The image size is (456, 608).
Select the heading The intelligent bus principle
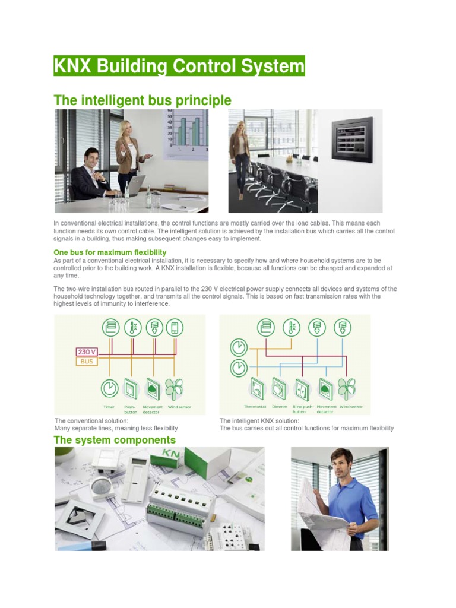[142, 100]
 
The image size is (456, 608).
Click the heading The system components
[115, 440]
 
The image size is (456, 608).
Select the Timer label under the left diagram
[109, 407]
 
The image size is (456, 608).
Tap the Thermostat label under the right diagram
[255, 407]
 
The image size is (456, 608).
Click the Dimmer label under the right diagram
[280, 407]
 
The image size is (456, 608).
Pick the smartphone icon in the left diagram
[175, 327]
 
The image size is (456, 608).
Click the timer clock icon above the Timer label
[109, 388]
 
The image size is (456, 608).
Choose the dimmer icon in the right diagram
[279, 388]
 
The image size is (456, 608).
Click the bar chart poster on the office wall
[187, 134]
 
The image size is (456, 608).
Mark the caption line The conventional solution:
[91, 421]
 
